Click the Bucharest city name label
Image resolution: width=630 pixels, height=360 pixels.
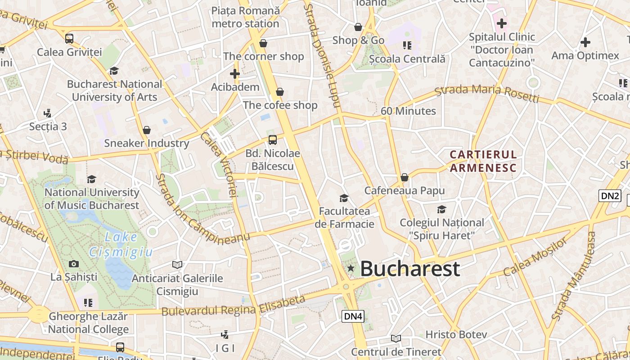[410, 269]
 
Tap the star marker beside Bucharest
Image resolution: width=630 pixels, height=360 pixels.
[351, 269]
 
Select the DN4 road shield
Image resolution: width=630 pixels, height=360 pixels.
[353, 316]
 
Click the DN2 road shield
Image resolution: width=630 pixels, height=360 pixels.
[610, 196]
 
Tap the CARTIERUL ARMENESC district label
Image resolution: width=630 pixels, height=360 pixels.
[483, 161]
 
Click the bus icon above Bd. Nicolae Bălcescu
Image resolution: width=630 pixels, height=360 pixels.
[272, 139]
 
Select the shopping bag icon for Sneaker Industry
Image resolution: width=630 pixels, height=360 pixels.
[146, 130]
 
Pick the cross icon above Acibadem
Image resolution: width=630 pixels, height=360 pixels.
[235, 74]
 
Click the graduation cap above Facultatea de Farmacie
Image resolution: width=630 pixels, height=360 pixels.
[344, 198]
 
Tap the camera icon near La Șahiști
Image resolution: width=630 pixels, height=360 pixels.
[74, 264]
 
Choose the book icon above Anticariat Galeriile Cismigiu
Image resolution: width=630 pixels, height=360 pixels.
[177, 265]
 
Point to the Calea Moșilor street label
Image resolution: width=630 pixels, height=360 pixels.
[535, 257]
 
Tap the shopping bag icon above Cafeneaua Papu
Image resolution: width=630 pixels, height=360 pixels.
[405, 177]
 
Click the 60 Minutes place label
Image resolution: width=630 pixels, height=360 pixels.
[408, 111]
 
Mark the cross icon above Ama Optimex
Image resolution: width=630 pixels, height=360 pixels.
[585, 43]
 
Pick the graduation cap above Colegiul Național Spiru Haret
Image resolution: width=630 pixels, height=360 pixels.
[441, 209]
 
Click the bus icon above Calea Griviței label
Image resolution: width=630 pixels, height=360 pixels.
[69, 39]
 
